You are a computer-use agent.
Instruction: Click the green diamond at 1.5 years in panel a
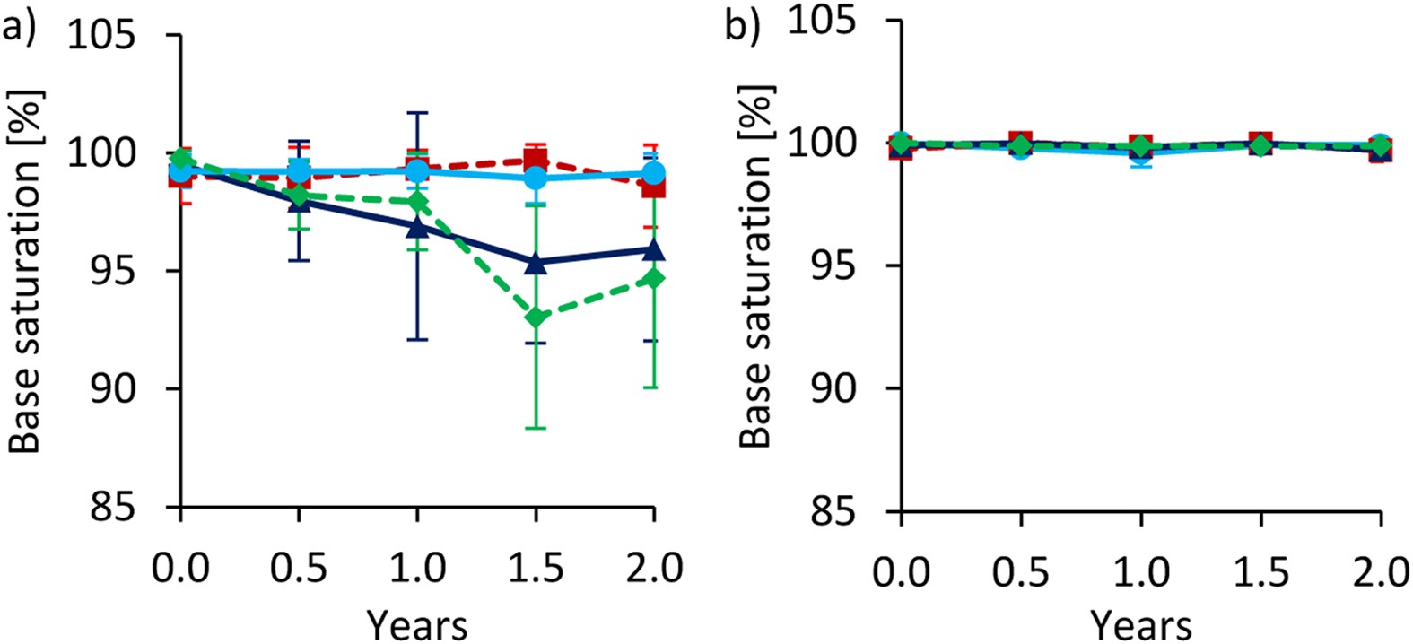(536, 318)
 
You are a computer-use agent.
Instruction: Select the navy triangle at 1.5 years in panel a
(536, 263)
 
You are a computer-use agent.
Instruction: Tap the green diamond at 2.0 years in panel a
(654, 278)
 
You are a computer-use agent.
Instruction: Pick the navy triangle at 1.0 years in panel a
(417, 227)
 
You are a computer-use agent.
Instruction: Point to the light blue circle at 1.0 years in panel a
(417, 170)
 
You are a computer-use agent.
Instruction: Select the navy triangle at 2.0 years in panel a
(654, 249)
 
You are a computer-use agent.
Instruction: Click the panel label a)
(20, 29)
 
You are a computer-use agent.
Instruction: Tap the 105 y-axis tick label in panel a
(101, 36)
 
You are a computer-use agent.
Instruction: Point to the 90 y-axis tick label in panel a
(113, 388)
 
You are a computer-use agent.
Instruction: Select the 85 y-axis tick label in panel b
(834, 511)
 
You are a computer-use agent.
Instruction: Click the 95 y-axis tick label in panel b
(834, 266)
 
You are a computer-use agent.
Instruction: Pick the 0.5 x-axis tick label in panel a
(299, 569)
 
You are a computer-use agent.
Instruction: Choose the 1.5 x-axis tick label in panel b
(1260, 571)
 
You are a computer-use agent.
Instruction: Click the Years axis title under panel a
(417, 625)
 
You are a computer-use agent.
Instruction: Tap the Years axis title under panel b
(1141, 625)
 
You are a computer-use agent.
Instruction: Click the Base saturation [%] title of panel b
(755, 267)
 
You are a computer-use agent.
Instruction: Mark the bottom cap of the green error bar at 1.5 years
(536, 428)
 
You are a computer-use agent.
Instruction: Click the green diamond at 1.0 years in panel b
(1140, 145)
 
